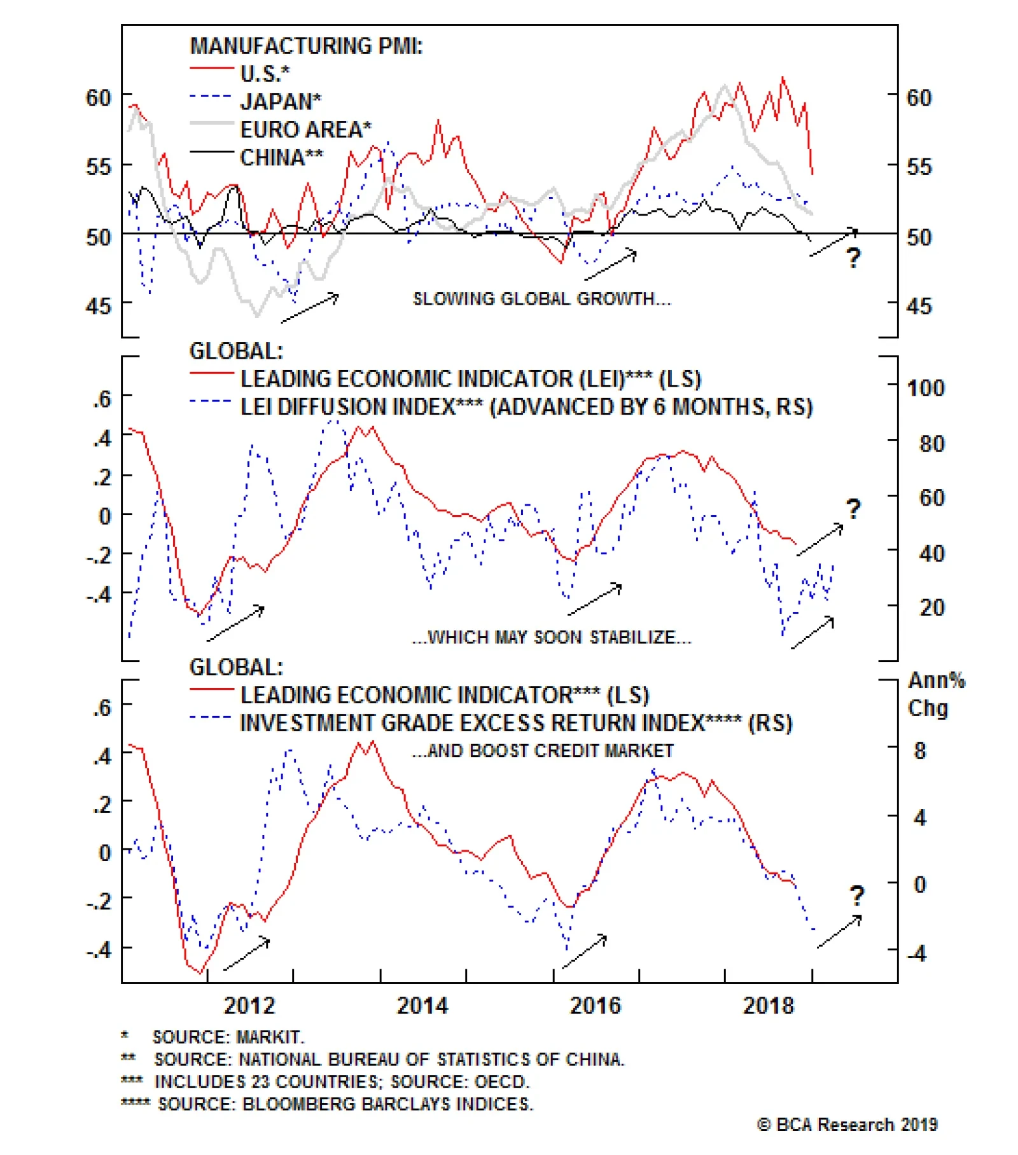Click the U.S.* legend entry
click(x=265, y=74)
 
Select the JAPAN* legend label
click(x=280, y=102)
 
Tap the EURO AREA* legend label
click(x=305, y=130)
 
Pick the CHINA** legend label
click(x=281, y=157)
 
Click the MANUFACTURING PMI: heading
click(x=306, y=46)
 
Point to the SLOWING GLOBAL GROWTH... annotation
click(x=541, y=299)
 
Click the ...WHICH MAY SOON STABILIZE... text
click(x=552, y=637)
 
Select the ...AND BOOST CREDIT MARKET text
click(x=542, y=751)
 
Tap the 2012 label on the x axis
click(x=249, y=1006)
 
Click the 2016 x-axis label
click(x=595, y=1006)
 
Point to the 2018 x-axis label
click(x=769, y=1006)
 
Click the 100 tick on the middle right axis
click(x=925, y=388)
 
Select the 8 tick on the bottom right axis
click(x=920, y=751)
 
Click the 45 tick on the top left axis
click(x=99, y=306)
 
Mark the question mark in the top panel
click(x=853, y=258)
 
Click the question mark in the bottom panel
click(x=857, y=896)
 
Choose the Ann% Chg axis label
click(x=935, y=694)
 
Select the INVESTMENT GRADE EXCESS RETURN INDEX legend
click(x=515, y=723)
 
